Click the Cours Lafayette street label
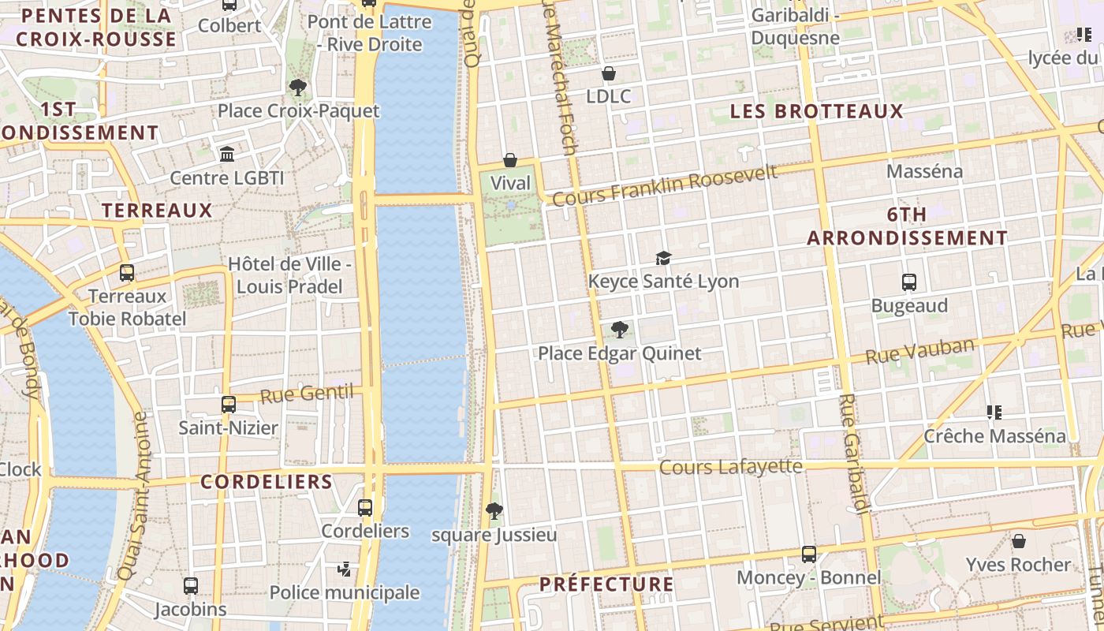[730, 467]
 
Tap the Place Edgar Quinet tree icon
[620, 330]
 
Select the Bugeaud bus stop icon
[908, 282]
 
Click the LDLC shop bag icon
[608, 73]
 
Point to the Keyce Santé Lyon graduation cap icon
[663, 258]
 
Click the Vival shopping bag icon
[510, 160]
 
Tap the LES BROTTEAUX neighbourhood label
[816, 111]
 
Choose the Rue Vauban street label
[919, 351]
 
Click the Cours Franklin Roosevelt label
[665, 185]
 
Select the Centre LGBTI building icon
[227, 154]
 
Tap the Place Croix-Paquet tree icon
[298, 88]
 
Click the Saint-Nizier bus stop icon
[228, 405]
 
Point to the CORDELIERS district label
[267, 481]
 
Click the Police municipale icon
[344, 569]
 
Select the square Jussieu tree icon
[494, 511]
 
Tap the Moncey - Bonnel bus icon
[808, 554]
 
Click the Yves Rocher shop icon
[1019, 541]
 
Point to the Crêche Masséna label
[994, 435]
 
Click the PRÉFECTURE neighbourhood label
[606, 584]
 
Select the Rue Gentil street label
[306, 394]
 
